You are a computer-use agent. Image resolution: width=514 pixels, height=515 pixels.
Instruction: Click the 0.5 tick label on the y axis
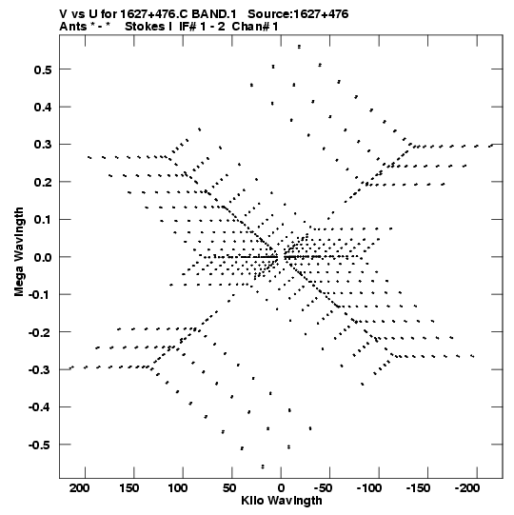(43, 69)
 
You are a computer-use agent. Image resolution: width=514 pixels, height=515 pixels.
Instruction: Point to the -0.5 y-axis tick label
(40, 446)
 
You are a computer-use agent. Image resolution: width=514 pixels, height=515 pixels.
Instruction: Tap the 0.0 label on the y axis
(43, 257)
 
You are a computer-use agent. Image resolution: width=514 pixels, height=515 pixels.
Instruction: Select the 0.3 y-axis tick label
(43, 145)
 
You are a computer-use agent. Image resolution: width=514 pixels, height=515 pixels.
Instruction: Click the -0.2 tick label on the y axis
(40, 333)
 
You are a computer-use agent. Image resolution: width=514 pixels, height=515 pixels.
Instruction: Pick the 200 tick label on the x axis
(79, 488)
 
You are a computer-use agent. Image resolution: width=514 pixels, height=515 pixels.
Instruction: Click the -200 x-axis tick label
(467, 488)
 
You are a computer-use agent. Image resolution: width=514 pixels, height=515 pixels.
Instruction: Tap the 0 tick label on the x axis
(281, 488)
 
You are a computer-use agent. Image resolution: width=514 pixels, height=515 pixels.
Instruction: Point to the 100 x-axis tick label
(177, 488)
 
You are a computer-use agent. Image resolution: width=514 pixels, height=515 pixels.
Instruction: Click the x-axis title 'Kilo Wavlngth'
(282, 501)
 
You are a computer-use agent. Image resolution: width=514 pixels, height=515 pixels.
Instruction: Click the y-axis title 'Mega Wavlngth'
(19, 252)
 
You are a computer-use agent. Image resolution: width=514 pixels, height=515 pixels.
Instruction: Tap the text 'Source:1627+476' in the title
(298, 14)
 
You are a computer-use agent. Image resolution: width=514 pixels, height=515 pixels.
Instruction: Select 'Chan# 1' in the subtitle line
(255, 27)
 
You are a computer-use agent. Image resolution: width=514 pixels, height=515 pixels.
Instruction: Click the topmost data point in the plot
(299, 47)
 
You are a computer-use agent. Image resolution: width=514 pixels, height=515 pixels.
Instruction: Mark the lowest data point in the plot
(263, 466)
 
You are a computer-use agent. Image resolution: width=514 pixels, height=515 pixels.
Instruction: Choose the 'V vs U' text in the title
(78, 14)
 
